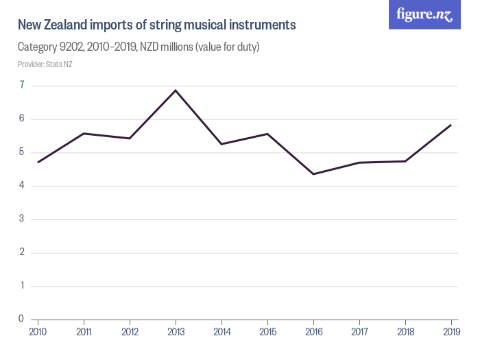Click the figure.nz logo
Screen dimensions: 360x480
click(x=424, y=15)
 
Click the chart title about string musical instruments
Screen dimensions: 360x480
click(x=156, y=25)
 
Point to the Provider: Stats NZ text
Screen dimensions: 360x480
click(x=45, y=64)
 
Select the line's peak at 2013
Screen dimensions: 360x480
click(x=176, y=91)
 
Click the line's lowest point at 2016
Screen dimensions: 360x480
click(x=313, y=174)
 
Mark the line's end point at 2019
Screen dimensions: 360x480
click(x=451, y=125)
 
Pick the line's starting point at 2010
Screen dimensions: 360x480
click(x=38, y=163)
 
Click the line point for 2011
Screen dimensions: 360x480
click(x=84, y=133)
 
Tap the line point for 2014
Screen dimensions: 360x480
click(x=221, y=144)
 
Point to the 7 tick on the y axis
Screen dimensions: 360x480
click(x=21, y=86)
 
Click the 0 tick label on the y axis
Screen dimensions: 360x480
click(x=21, y=319)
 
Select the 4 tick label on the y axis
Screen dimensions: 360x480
click(x=21, y=186)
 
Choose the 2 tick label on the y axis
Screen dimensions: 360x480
click(x=21, y=252)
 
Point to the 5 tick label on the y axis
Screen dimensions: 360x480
click(x=21, y=152)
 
